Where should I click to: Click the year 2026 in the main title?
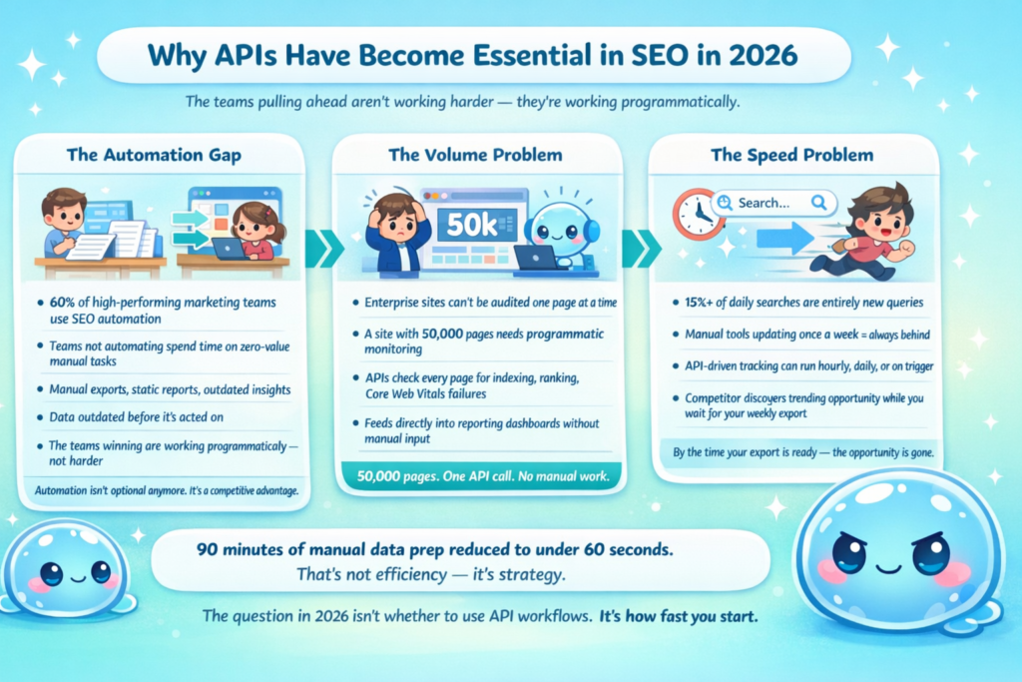763,56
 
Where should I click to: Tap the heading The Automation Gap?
154,155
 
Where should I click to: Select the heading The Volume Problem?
475,155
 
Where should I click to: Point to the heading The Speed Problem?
791,155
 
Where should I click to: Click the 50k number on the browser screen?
471,225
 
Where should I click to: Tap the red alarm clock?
698,214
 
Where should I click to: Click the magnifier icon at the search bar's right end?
818,203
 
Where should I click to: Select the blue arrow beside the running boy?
784,238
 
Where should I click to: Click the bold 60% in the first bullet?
62,303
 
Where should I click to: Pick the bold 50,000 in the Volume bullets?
442,334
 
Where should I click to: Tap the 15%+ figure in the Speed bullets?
698,303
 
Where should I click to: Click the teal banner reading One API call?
482,476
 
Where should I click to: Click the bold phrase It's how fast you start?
679,616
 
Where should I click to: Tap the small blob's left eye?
51,574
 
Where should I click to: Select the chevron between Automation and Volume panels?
324,249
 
